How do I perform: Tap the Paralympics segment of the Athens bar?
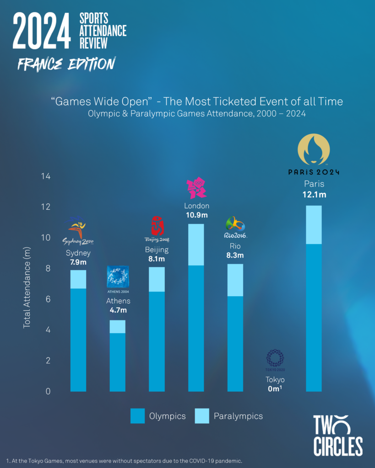[117, 326]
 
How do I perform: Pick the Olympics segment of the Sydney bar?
[78, 340]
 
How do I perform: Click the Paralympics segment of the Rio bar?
[235, 280]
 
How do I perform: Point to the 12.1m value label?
[314, 195]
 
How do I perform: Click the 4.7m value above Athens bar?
[118, 311]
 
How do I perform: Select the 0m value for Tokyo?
[275, 389]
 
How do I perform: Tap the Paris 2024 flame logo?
[314, 149]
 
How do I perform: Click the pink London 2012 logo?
[196, 188]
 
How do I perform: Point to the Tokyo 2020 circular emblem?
[275, 358]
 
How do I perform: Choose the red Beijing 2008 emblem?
[157, 226]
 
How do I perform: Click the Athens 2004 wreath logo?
[118, 277]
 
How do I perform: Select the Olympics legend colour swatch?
[137, 416]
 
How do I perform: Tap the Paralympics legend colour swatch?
[201, 416]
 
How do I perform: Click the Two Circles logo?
[337, 435]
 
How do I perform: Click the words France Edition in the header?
[66, 64]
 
